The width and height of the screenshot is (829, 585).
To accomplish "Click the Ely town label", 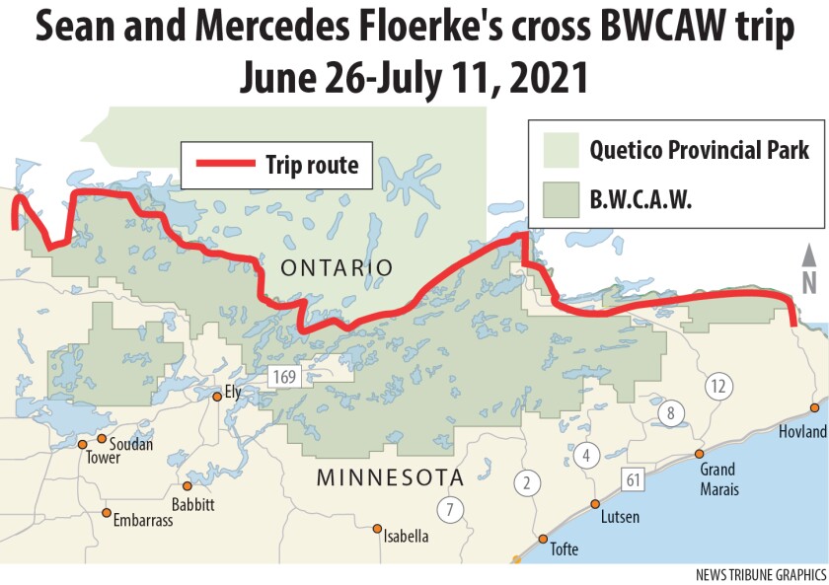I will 233,392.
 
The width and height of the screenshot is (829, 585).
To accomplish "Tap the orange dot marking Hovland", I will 814,407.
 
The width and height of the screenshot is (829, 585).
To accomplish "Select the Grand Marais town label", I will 717,476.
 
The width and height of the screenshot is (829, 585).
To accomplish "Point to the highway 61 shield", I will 633,480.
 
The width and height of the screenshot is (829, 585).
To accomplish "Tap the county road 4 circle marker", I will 587,455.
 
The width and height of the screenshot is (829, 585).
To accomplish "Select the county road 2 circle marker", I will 527,482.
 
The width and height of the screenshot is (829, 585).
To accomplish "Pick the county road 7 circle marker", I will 449,510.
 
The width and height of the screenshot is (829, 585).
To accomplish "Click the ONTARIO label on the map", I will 337,267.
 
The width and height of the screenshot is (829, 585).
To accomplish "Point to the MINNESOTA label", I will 389,478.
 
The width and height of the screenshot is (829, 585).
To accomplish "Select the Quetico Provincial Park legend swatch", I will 560,151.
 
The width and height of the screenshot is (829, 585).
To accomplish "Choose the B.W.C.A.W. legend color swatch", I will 560,200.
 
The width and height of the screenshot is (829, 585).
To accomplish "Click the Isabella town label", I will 407,537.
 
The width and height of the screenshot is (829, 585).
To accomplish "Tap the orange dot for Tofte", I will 543,539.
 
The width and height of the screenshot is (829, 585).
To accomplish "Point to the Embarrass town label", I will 143,520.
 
